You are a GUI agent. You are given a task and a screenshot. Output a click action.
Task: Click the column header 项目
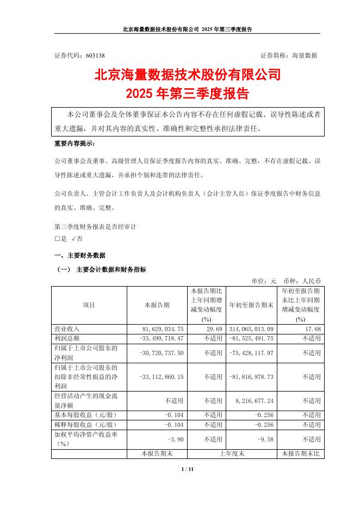coord(89,306)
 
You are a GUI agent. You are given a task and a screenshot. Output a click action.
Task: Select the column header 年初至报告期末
coord(251,306)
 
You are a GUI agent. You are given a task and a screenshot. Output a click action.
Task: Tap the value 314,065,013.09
coord(251,329)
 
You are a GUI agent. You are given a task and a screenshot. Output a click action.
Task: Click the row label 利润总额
coord(66,338)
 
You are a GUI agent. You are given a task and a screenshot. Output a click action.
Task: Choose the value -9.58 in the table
coord(263,439)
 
